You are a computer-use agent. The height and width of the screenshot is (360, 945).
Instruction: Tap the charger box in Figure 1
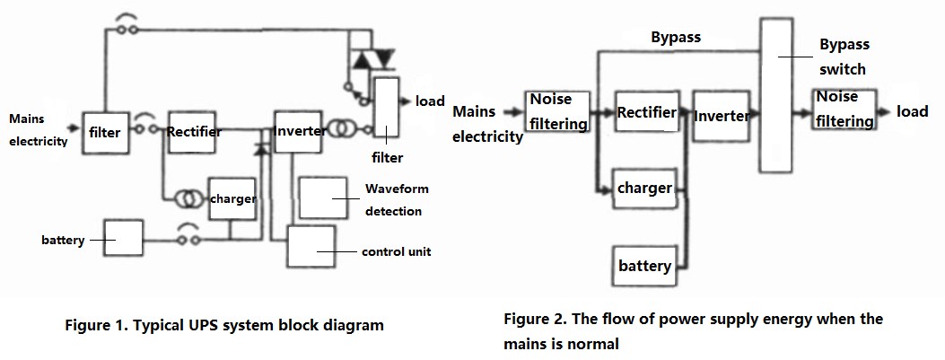click(x=232, y=198)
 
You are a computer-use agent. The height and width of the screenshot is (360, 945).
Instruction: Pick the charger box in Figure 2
click(x=644, y=189)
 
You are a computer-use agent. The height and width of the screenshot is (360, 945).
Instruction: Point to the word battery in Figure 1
click(x=63, y=241)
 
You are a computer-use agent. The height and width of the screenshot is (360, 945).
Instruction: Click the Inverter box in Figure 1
click(x=299, y=131)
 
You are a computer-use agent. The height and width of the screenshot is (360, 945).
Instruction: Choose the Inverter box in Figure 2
click(x=721, y=116)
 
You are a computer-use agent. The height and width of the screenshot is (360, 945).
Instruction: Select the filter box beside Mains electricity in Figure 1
click(x=105, y=133)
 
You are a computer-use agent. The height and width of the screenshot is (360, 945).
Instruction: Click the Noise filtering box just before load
click(x=844, y=110)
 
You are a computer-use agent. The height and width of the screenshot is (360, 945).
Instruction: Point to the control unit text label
click(x=396, y=251)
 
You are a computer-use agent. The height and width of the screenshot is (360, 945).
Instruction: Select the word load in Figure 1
click(x=430, y=101)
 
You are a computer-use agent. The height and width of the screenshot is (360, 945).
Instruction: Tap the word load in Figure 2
click(x=913, y=111)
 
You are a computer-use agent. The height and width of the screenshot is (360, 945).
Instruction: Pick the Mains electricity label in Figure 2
click(x=487, y=125)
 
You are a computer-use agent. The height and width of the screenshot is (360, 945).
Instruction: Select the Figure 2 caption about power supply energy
click(x=693, y=330)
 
